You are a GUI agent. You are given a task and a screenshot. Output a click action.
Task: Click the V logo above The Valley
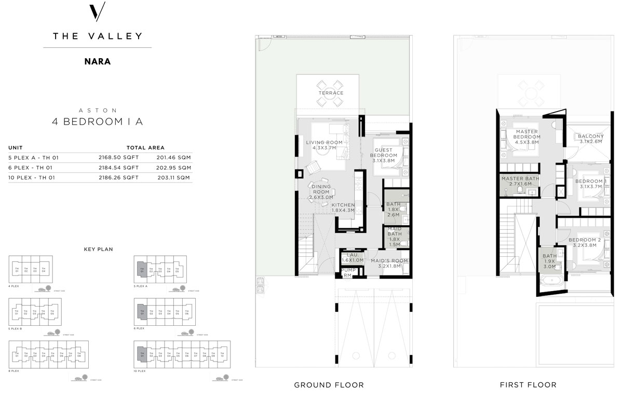click(x=98, y=11)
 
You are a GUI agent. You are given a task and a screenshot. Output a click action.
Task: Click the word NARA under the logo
click(x=98, y=61)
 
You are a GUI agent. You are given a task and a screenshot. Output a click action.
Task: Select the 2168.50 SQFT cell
click(x=118, y=157)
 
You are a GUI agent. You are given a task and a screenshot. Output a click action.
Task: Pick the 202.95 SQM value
click(x=173, y=168)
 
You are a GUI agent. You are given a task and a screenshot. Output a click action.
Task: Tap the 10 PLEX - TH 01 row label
click(x=32, y=178)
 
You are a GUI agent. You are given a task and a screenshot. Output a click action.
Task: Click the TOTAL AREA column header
click(x=145, y=148)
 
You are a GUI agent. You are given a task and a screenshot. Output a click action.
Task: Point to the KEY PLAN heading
click(x=98, y=249)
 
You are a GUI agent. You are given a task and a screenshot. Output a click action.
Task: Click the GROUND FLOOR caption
click(x=329, y=385)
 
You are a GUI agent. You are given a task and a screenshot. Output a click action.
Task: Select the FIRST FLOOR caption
click(x=528, y=385)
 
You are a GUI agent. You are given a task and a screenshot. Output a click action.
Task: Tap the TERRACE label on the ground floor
click(x=331, y=93)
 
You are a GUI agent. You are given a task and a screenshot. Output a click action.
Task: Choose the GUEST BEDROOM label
click(x=384, y=156)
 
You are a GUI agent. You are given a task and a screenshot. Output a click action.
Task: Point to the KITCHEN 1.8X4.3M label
click(x=343, y=208)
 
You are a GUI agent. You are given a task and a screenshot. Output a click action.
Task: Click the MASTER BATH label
click(x=520, y=181)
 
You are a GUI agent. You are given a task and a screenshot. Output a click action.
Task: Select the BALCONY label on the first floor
click(x=589, y=139)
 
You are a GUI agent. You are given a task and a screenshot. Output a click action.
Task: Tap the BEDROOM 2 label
click(x=584, y=243)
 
